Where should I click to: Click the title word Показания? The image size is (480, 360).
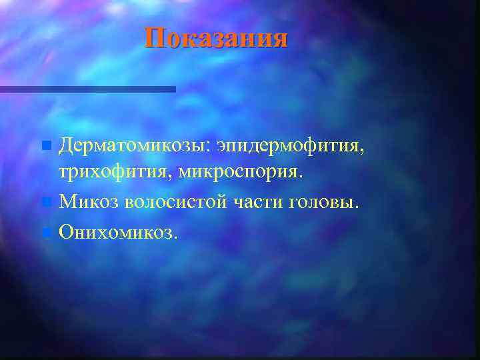pyautogui.click(x=217, y=38)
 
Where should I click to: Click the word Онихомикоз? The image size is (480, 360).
pyautogui.click(x=118, y=231)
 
